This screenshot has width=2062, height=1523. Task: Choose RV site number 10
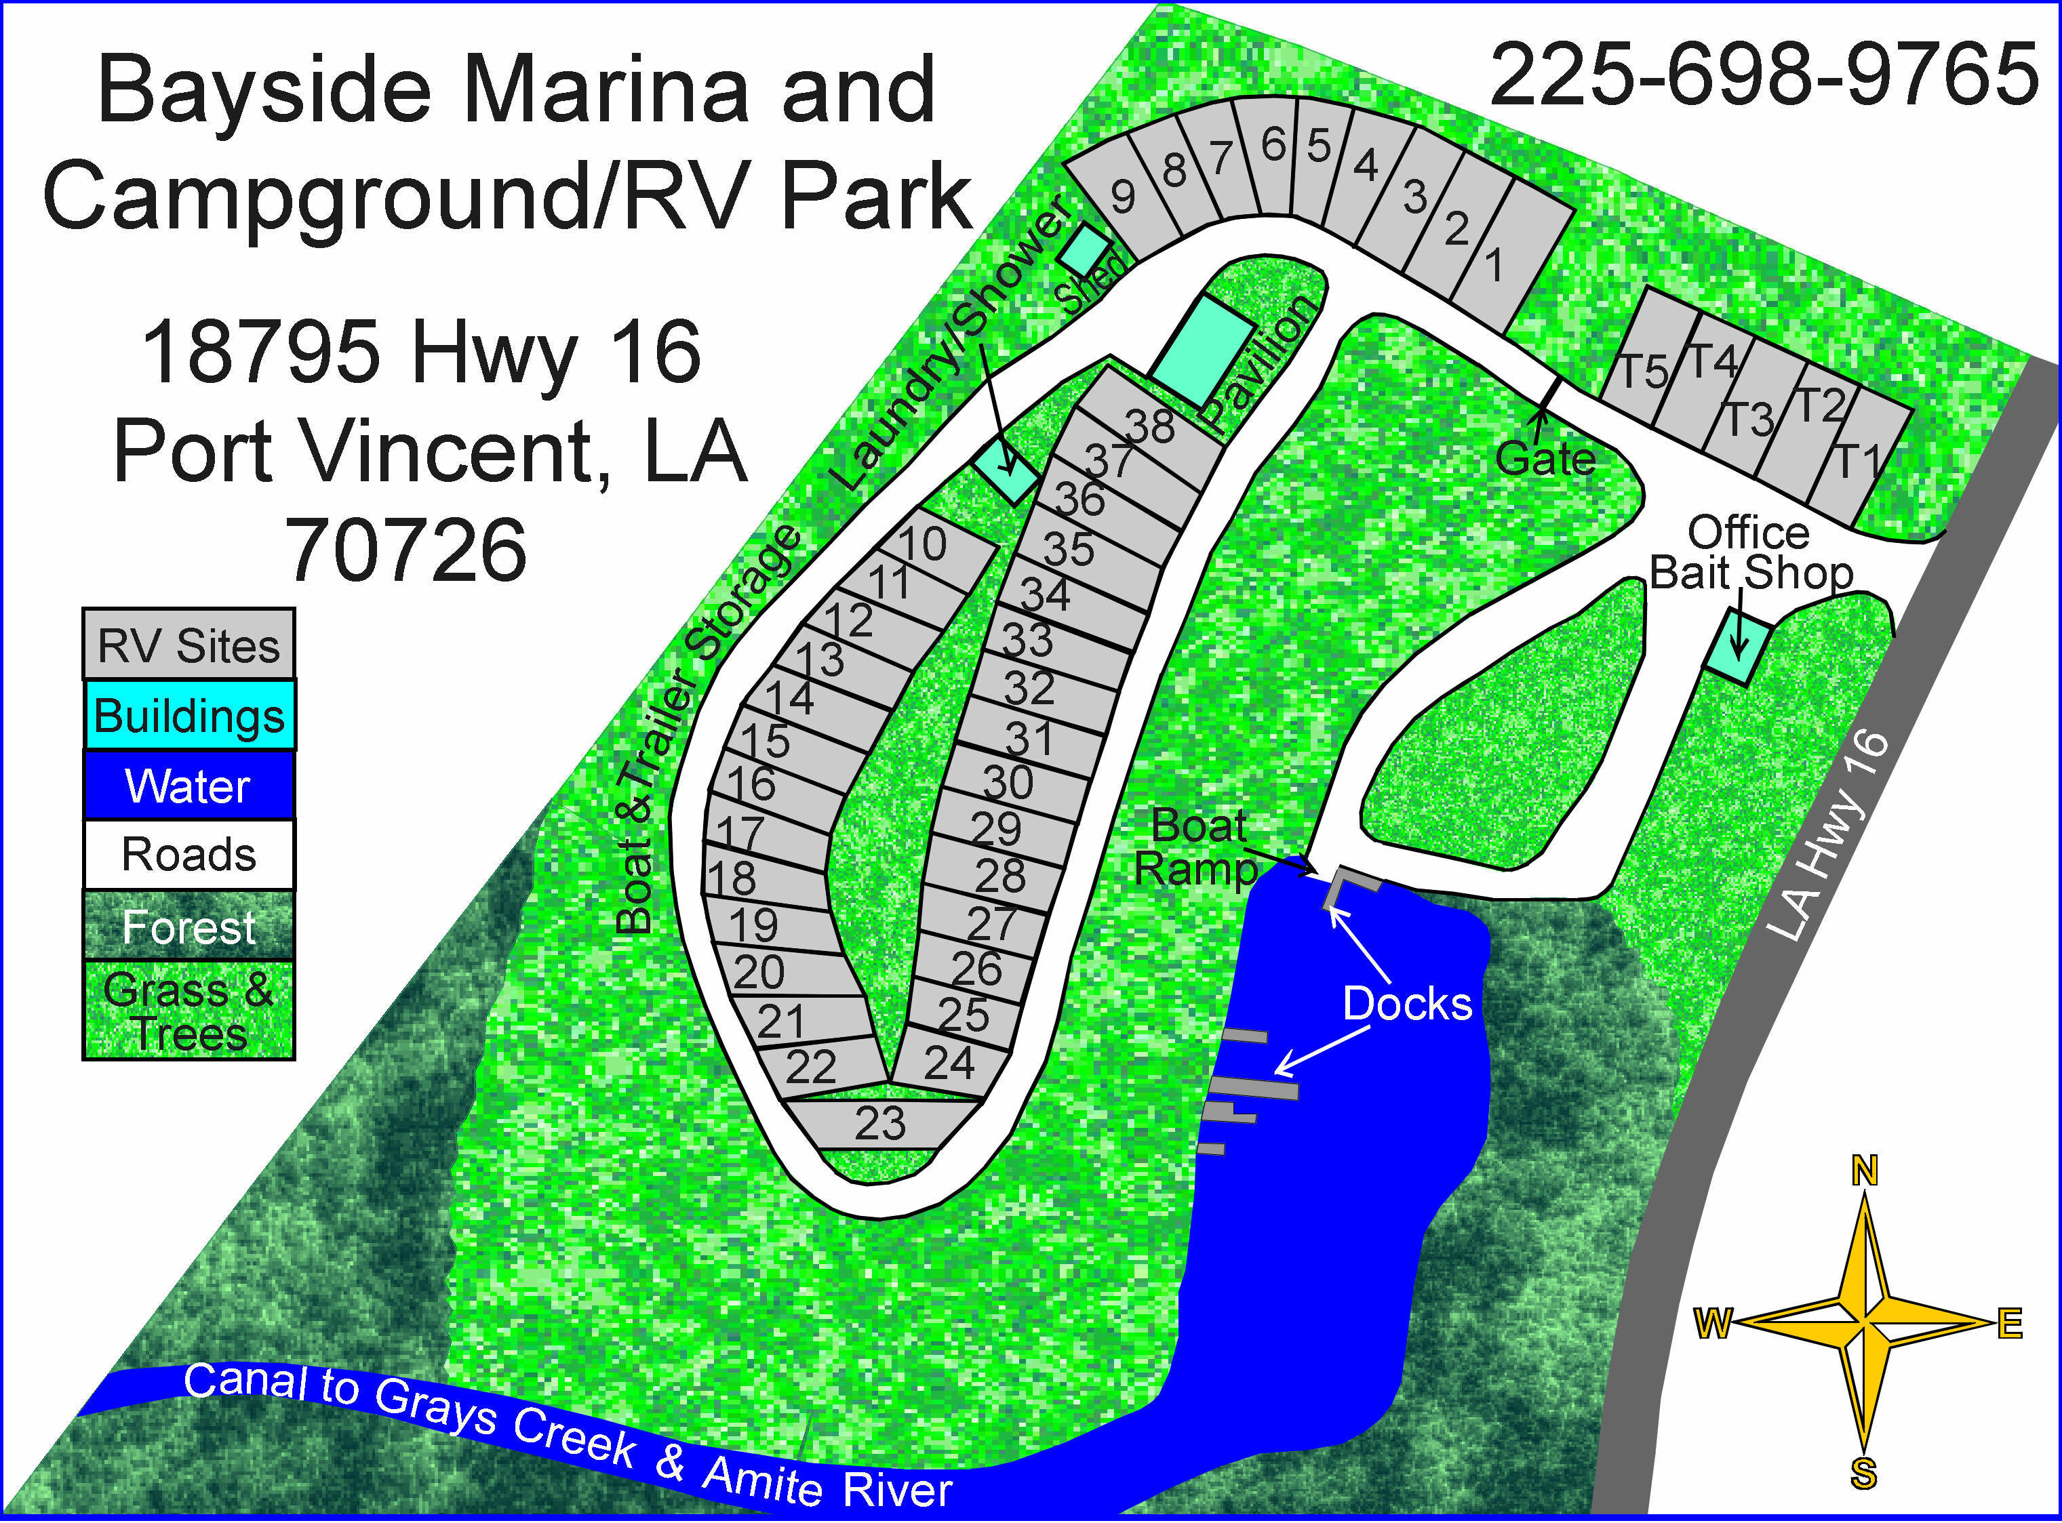pos(922,545)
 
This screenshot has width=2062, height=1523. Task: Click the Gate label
pos(1545,458)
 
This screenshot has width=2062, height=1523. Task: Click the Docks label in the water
pos(1407,1003)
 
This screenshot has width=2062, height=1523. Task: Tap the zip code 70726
pos(407,550)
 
